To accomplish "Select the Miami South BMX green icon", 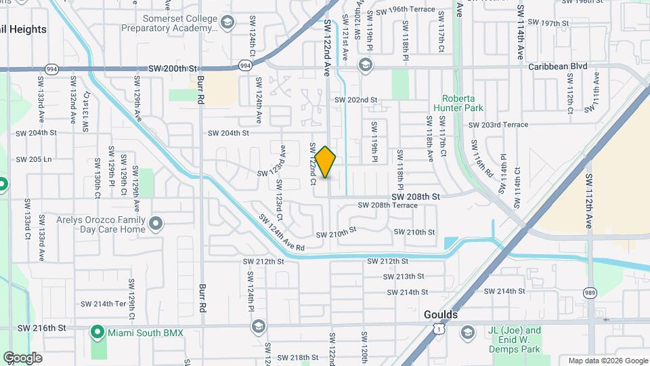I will pyautogui.click(x=97, y=332).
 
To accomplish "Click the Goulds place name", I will pyautogui.click(x=441, y=315).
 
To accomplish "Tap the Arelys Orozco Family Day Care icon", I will pyautogui.click(x=156, y=223).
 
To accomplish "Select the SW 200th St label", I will pyautogui.click(x=172, y=69).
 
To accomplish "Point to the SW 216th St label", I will pyautogui.click(x=41, y=328).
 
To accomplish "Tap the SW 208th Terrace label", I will pyautogui.click(x=387, y=205).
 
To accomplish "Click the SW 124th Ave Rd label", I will pyautogui.click(x=281, y=232).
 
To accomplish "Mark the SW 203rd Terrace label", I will pyautogui.click(x=498, y=125).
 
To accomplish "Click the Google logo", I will pyautogui.click(x=22, y=357).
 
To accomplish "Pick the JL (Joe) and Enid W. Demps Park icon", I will pyautogui.click(x=467, y=332).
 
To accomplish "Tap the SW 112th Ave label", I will pyautogui.click(x=589, y=205).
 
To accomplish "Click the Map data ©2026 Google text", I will pyautogui.click(x=607, y=361).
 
